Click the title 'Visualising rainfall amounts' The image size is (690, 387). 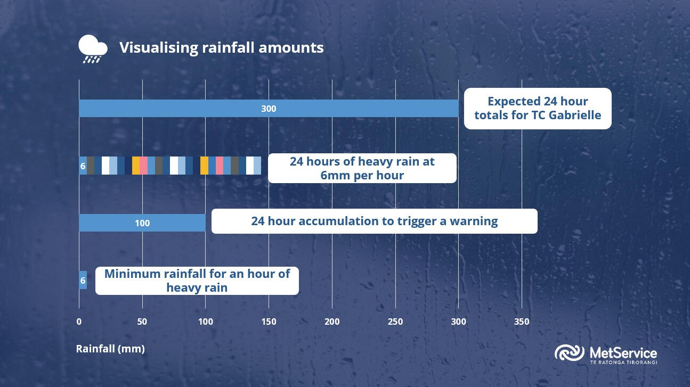point(221,47)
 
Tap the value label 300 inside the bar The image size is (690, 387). point(269,109)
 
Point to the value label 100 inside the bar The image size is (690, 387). point(142,223)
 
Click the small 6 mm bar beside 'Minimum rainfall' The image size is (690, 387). point(83,280)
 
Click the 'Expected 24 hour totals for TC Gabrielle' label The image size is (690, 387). point(538,108)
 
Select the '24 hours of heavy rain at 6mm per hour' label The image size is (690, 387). point(362,168)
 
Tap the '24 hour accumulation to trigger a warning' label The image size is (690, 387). point(374,221)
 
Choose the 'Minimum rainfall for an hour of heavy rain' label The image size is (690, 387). point(197,281)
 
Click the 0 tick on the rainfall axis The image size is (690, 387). point(79,322)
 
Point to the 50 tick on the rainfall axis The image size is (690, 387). point(142,322)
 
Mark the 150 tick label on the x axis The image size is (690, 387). point(269,322)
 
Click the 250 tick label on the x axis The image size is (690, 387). point(395,322)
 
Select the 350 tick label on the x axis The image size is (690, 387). point(522,322)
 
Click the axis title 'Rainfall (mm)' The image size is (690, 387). point(110,349)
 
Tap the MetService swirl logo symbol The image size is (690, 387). point(570,353)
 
